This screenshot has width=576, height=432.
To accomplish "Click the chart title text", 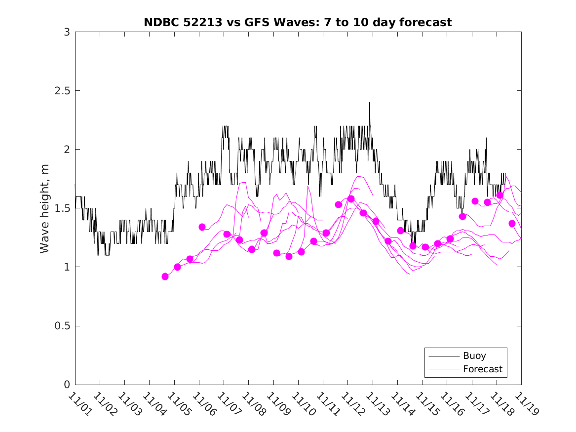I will [x=298, y=22].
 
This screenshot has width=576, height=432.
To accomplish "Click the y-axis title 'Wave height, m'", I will [x=45, y=208].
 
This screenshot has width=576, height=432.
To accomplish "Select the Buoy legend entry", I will [x=474, y=355].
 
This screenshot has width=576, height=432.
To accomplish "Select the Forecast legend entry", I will [x=482, y=369].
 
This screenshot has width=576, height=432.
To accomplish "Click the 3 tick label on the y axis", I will [x=67, y=32].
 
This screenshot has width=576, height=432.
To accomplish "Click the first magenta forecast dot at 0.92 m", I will [x=165, y=276].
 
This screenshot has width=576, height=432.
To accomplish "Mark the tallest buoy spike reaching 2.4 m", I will [x=369, y=103].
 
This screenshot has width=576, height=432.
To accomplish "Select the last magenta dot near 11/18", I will [x=512, y=224].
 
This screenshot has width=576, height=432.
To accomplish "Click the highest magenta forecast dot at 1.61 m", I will [x=499, y=196].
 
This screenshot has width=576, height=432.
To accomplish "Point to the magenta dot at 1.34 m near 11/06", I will [x=202, y=227].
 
